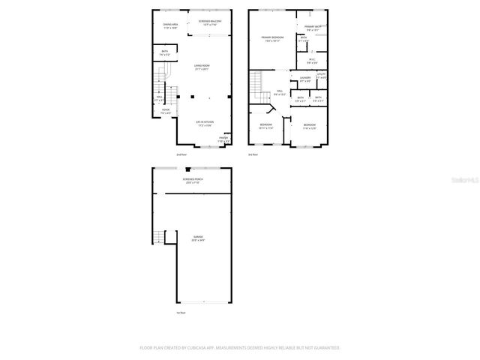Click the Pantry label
[x=223, y=139]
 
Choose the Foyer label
[x=165, y=111]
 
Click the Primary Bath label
[x=312, y=28]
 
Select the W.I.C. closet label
[x=311, y=61]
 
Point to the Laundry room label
[x=304, y=79]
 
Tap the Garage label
[x=197, y=238]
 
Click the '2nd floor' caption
[x=181, y=154]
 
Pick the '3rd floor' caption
[x=253, y=154]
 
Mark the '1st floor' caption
[x=181, y=312]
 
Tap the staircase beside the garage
[x=158, y=238]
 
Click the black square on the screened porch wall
[x=187, y=169]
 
